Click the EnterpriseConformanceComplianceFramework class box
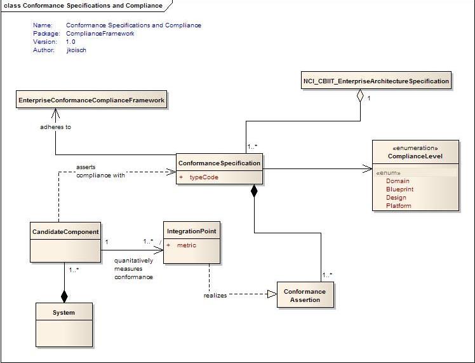91,100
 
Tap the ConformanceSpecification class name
219,163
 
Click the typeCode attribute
203,177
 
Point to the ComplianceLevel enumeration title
415,156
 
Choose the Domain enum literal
398,181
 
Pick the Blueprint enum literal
399,189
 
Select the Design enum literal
396,198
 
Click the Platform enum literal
398,206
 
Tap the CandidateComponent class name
65,232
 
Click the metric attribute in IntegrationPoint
187,245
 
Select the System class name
64,313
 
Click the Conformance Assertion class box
305,296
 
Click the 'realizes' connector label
215,295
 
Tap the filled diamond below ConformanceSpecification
254,192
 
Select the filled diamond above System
64,296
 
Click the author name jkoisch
76,50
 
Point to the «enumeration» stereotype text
415,148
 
